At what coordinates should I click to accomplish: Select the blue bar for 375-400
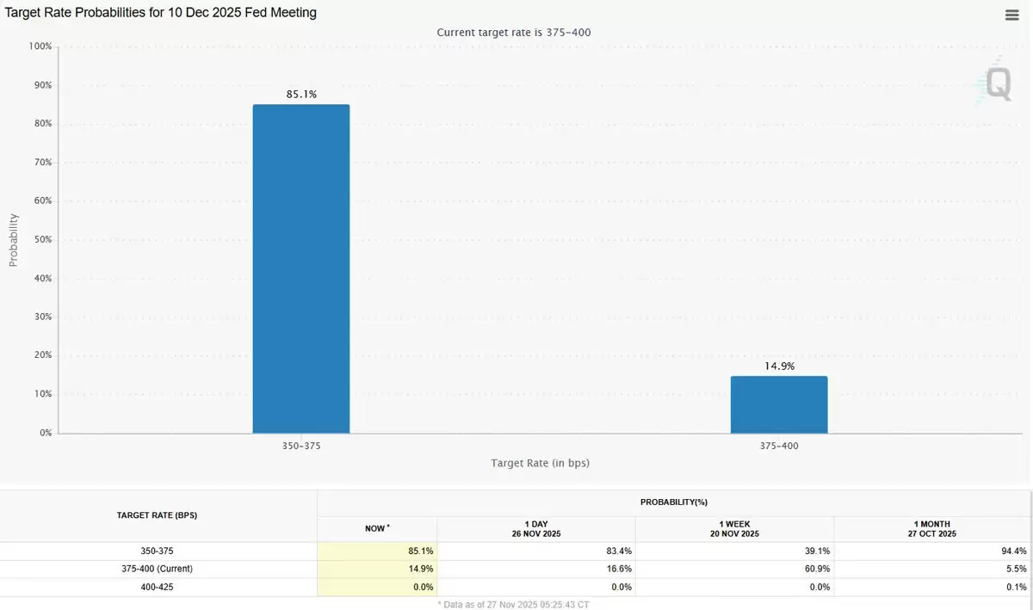click(779, 404)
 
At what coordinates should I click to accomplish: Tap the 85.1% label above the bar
click(301, 94)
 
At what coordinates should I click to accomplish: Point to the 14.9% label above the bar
click(779, 366)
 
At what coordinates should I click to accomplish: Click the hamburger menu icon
click(1012, 15)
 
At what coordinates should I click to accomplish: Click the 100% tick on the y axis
click(40, 46)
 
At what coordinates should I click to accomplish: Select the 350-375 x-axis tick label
click(301, 446)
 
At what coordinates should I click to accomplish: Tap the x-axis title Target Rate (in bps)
click(540, 463)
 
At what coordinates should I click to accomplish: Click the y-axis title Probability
click(13, 239)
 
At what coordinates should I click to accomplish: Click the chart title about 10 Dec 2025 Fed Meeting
click(161, 13)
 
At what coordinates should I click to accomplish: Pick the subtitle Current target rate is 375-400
click(513, 32)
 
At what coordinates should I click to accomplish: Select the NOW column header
click(376, 528)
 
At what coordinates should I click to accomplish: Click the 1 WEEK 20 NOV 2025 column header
click(734, 528)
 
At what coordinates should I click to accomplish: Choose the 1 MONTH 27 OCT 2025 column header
click(932, 528)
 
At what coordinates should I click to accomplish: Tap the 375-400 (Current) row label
click(158, 569)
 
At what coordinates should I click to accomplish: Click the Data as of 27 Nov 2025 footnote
click(513, 604)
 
